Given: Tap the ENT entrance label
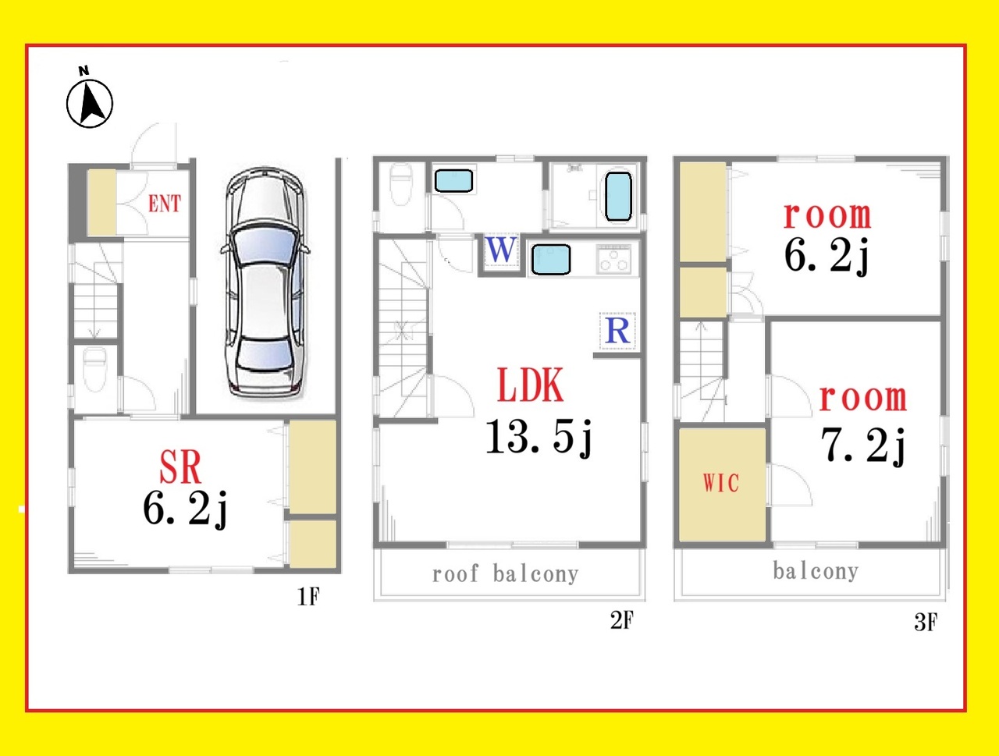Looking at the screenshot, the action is [x=165, y=204].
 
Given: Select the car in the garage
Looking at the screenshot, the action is [x=265, y=282].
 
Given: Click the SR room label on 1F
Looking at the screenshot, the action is [x=180, y=467].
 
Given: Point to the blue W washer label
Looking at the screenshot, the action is [x=502, y=250].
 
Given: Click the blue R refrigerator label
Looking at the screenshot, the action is [x=617, y=331].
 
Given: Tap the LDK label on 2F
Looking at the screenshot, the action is [x=531, y=385].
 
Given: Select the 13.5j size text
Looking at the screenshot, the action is [x=539, y=437].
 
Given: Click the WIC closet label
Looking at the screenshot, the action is [x=721, y=483].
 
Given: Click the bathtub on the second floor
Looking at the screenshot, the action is [x=618, y=196].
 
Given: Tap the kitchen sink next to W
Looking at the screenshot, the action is [x=551, y=260].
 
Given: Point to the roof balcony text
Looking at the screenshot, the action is [x=505, y=573].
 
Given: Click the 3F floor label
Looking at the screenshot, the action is [x=926, y=622].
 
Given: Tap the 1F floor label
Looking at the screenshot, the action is [x=308, y=596].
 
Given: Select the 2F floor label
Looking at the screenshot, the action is [x=621, y=620].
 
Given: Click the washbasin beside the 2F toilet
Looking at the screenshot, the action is [x=453, y=180].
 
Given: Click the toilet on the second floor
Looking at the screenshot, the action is [x=401, y=185].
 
